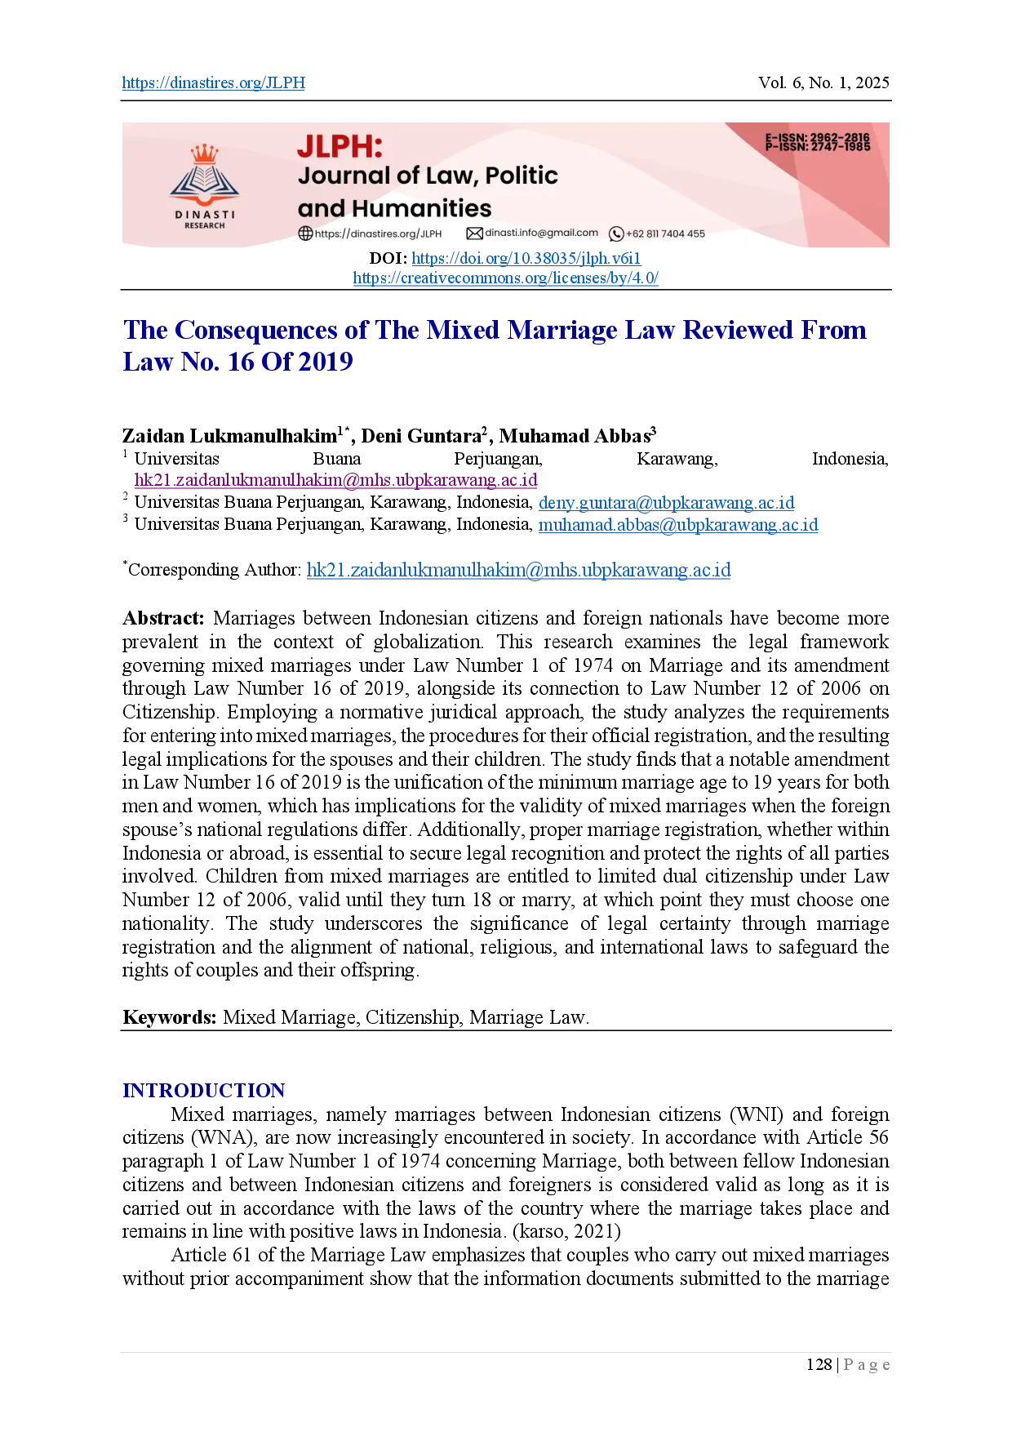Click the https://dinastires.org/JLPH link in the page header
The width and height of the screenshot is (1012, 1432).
pyautogui.click(x=214, y=82)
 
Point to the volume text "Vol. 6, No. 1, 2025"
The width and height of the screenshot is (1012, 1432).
pyautogui.click(x=823, y=82)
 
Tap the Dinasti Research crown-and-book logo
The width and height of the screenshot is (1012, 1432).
pyautogui.click(x=204, y=187)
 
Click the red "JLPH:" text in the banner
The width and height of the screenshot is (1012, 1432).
pyautogui.click(x=340, y=146)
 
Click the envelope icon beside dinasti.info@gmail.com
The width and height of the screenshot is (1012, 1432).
pyautogui.click(x=474, y=233)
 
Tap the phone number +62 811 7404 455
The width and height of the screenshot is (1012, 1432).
pyautogui.click(x=665, y=233)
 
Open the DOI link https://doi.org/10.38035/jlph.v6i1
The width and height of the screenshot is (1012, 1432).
pyautogui.click(x=526, y=258)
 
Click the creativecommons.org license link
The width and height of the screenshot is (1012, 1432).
pyautogui.click(x=505, y=278)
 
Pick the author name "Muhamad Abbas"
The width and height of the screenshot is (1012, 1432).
pyautogui.click(x=575, y=436)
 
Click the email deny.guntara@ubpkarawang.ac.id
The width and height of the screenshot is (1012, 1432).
pyautogui.click(x=666, y=502)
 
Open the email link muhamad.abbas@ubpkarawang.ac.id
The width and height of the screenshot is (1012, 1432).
pyautogui.click(x=678, y=524)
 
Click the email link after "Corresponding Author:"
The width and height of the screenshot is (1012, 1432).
pyautogui.click(x=518, y=570)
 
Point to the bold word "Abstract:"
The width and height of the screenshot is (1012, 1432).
pyautogui.click(x=163, y=618)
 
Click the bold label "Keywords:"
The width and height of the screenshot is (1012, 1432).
pyautogui.click(x=170, y=1017)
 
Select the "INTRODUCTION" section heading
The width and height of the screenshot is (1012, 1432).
pyautogui.click(x=204, y=1091)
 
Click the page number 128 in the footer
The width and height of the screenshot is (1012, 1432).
pyautogui.click(x=819, y=1364)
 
